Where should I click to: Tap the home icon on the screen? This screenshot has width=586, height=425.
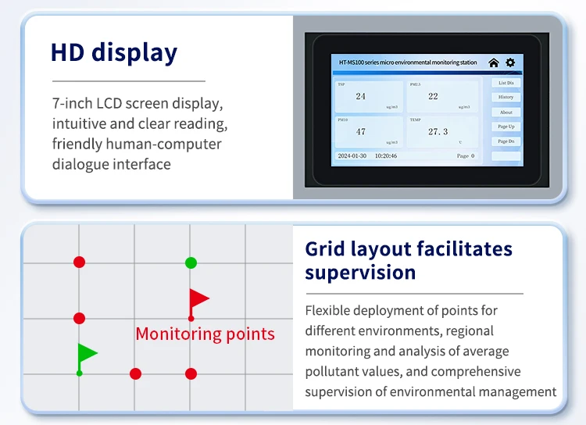(x=493, y=62)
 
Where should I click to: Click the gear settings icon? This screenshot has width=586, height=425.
(x=510, y=62)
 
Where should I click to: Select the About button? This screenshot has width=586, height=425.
(x=506, y=112)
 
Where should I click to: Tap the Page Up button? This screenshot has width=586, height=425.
(x=506, y=127)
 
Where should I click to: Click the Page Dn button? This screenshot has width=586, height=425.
(x=506, y=141)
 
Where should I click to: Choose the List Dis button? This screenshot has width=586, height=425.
(x=506, y=82)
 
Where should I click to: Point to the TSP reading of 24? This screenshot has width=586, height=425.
(x=360, y=96)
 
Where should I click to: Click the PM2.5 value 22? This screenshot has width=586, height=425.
(x=433, y=96)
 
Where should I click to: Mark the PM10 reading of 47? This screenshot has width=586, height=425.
(x=360, y=131)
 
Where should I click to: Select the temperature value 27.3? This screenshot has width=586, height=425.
(x=438, y=131)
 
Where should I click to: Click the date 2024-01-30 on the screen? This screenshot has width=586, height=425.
(x=352, y=155)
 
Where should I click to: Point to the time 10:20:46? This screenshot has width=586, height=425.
(x=385, y=155)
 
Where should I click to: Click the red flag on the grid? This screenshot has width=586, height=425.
(x=198, y=298)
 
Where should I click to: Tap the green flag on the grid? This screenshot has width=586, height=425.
(x=87, y=354)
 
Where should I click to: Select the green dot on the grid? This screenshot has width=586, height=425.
(x=191, y=262)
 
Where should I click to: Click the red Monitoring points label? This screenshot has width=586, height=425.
(x=205, y=334)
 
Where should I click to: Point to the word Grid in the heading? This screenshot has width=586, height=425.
(x=324, y=249)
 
